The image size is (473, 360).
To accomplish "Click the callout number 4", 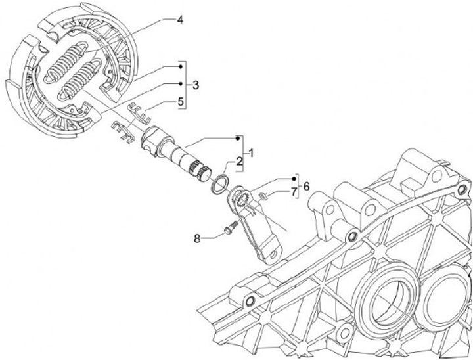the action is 180,20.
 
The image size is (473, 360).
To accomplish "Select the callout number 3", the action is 196,85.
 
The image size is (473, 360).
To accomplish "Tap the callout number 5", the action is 181,101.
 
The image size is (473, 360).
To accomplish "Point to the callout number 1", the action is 251,153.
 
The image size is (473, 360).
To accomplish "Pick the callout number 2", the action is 239,161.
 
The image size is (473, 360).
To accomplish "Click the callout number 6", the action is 306,186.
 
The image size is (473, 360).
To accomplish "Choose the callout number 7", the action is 294,192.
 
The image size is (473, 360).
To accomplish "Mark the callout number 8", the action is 197,239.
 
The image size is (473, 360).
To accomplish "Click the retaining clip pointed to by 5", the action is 139,112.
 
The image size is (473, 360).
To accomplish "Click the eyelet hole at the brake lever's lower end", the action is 273,254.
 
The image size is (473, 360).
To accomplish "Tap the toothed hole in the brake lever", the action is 242,200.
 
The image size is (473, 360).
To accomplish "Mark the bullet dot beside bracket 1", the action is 238,138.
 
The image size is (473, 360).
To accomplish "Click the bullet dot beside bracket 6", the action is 294,179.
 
